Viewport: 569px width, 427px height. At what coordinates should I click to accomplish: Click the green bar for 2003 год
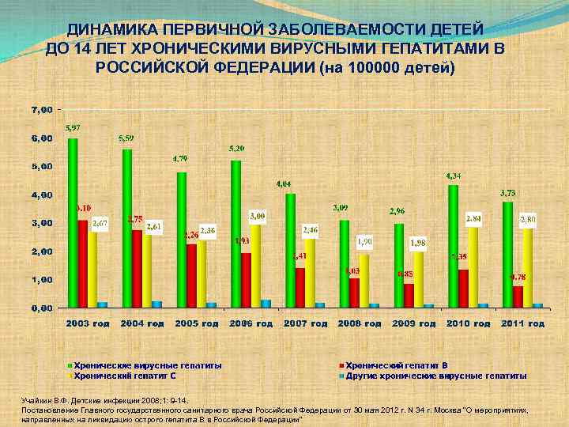click(x=73, y=221)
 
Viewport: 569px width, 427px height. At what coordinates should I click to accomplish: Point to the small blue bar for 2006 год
click(x=266, y=303)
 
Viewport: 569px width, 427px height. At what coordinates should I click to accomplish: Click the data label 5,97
click(x=72, y=127)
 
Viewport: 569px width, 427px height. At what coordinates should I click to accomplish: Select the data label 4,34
click(x=454, y=175)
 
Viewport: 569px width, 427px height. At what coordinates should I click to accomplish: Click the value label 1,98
click(x=418, y=242)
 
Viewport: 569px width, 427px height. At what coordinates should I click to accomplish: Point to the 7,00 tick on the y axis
click(x=42, y=108)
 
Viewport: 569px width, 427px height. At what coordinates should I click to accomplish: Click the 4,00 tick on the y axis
click(x=42, y=195)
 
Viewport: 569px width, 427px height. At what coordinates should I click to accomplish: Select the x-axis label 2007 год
click(x=306, y=323)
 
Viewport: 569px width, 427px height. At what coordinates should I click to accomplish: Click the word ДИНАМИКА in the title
click(x=111, y=29)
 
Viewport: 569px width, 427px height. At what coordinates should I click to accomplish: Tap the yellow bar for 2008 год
click(x=364, y=281)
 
